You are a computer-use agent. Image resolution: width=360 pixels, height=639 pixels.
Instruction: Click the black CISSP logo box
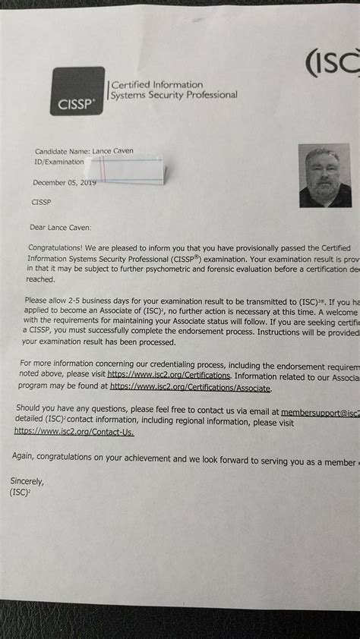click(77, 91)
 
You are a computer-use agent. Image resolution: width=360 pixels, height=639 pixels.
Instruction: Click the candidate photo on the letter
click(325, 175)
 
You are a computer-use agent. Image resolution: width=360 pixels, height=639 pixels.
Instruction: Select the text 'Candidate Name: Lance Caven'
click(84, 151)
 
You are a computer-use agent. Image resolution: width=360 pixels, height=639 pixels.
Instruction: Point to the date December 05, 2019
click(64, 182)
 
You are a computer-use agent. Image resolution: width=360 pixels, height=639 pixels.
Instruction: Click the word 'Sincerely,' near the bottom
click(27, 482)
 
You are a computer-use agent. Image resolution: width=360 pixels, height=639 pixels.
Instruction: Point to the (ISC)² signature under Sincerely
click(21, 493)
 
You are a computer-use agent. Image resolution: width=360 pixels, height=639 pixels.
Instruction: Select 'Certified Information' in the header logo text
click(157, 85)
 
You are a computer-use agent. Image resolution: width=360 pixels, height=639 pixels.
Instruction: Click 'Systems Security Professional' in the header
click(174, 96)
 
